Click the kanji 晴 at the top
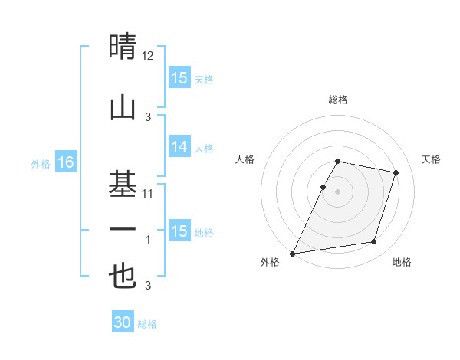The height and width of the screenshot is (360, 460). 123,47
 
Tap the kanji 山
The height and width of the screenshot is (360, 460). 123,106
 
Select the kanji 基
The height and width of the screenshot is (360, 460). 123,184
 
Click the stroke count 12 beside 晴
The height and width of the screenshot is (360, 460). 148,56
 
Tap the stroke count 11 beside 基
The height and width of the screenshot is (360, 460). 148,194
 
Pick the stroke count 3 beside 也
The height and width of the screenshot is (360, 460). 148,286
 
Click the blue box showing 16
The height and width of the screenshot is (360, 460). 66,162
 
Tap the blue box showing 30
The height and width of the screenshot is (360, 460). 123,322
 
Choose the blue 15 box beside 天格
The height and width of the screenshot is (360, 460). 179,78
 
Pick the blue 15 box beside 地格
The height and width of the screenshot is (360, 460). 179,231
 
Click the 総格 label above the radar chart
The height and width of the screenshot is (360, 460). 338,100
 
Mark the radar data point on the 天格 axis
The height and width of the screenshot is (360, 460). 396,173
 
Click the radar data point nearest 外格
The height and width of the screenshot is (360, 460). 292,254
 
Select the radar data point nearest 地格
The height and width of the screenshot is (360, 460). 374,242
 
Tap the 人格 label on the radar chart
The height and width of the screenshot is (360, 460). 245,159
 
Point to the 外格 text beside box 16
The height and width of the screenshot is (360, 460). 40,163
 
